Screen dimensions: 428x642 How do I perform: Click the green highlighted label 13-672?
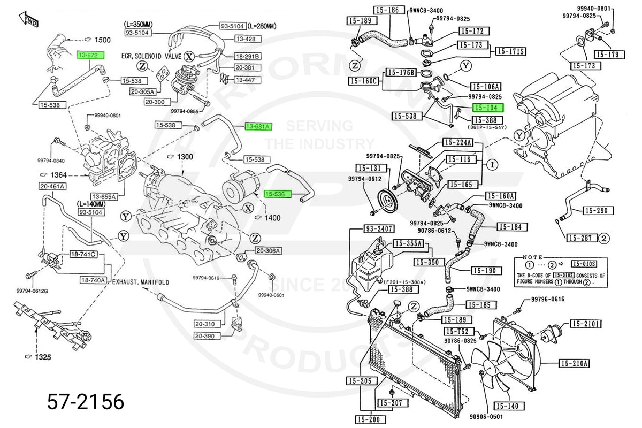pos(90,55)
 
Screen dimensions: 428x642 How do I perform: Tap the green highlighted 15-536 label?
pos(277,194)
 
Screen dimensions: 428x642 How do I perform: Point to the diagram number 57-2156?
pos(86,401)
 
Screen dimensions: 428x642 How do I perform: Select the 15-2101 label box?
pos(586,324)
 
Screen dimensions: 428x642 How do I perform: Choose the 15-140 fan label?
pos(506,406)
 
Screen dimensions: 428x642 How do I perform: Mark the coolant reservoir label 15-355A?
pos(408,244)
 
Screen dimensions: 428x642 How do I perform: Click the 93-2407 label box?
pos(379,229)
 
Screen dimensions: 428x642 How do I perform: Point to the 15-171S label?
pos(510,51)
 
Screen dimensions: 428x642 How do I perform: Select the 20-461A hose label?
pos(52,186)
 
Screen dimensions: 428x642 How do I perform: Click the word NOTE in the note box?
pos(532,257)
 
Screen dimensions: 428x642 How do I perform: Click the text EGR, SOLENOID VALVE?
pos(151,56)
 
